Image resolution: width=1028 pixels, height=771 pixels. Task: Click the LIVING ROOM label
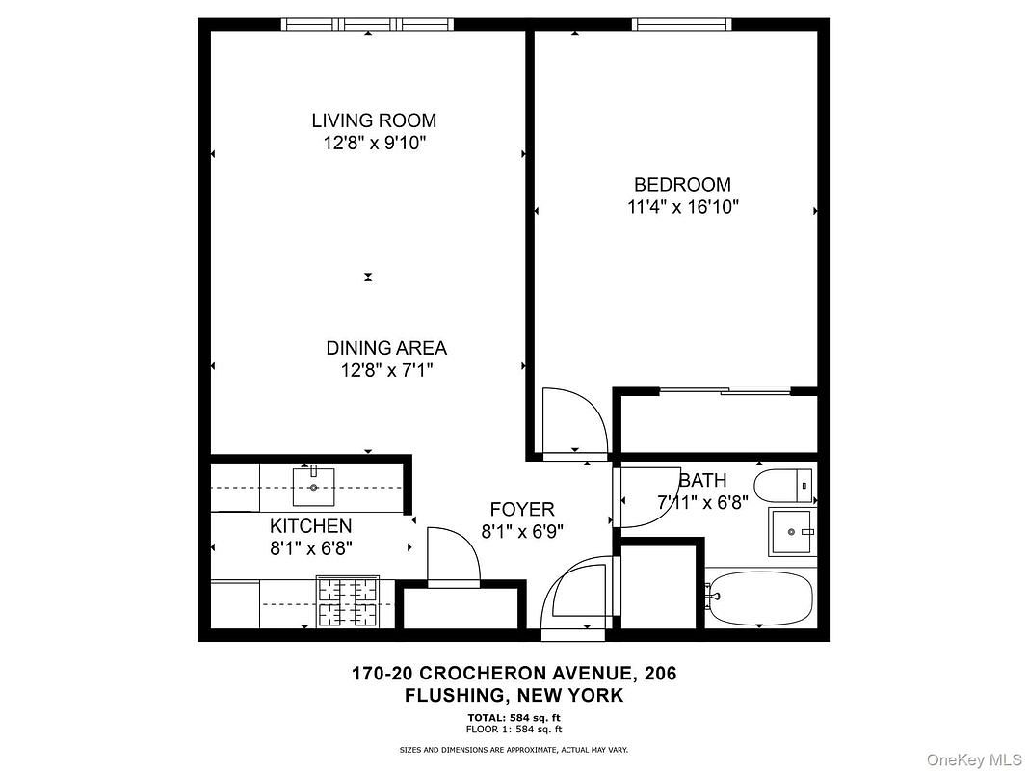pyautogui.click(x=374, y=120)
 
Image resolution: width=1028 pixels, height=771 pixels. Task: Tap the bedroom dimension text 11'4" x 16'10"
pyautogui.click(x=682, y=207)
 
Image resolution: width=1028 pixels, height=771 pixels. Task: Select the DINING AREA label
pyautogui.click(x=386, y=348)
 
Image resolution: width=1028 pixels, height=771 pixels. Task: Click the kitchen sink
pyautogui.click(x=313, y=487)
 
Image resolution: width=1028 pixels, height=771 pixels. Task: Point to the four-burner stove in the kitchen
pyautogui.click(x=348, y=600)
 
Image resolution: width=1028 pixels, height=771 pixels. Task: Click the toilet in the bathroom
pyautogui.click(x=784, y=486)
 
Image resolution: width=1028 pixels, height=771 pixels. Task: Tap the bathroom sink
pyautogui.click(x=791, y=532)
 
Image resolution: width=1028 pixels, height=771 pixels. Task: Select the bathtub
pyautogui.click(x=760, y=598)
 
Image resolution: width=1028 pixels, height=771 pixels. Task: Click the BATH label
pyautogui.click(x=702, y=481)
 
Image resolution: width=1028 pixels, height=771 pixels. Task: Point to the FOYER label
pyautogui.click(x=522, y=509)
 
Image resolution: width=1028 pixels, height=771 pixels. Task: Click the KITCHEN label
pyautogui.click(x=311, y=526)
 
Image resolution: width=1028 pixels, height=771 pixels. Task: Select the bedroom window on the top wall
pyautogui.click(x=682, y=24)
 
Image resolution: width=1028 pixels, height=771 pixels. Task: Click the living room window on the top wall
pyautogui.click(x=368, y=24)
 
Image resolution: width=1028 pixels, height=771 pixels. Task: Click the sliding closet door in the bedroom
pyautogui.click(x=725, y=391)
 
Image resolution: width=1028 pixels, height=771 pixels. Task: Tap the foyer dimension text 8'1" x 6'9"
pyautogui.click(x=522, y=531)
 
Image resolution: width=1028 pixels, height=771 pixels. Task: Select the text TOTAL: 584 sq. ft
pyautogui.click(x=514, y=717)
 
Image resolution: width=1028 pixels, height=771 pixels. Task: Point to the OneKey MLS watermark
pyautogui.click(x=974, y=759)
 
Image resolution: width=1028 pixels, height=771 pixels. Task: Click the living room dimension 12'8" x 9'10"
pyautogui.click(x=375, y=143)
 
